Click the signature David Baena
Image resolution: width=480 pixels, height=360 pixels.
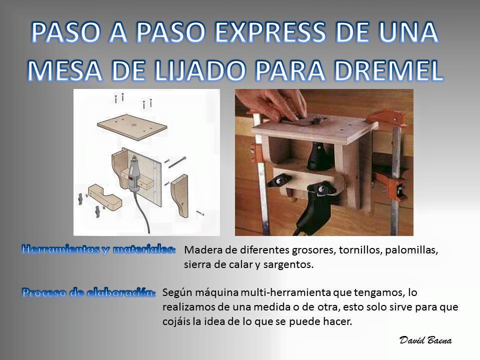click(425, 340)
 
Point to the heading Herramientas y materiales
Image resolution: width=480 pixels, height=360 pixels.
click(99, 249)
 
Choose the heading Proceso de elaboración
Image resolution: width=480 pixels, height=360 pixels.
click(89, 292)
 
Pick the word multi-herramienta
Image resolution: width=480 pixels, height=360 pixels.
click(285, 292)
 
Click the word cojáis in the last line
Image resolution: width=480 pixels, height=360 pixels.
click(175, 321)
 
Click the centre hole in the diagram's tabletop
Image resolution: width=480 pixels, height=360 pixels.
click(134, 126)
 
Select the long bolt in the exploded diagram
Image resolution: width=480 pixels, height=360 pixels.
click(177, 162)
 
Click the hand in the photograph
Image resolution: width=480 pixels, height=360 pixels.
click(277, 105)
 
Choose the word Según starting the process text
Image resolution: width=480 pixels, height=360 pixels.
click(177, 293)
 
